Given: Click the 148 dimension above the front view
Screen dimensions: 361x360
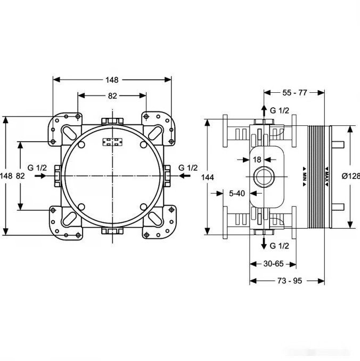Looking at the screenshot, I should click(112, 80).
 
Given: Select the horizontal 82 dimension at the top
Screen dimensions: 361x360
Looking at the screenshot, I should click(112, 96).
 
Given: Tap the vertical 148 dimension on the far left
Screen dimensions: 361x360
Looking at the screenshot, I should click(6, 175).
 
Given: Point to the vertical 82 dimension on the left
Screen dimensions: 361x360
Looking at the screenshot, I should click(21, 175).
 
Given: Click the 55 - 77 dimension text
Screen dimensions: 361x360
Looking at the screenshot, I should click(294, 93).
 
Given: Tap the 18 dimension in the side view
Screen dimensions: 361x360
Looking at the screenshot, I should click(257, 159).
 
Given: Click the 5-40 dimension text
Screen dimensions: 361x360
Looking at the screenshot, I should click(236, 193).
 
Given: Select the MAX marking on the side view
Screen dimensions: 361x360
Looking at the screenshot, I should click(326, 175).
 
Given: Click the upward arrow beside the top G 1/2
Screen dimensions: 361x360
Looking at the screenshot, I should click(263, 111).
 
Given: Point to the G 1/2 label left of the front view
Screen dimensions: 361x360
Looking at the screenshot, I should click(37, 167).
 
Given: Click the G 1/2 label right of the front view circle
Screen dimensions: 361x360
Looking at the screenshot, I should click(188, 167).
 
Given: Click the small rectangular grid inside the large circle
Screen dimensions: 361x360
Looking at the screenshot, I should click(112, 142).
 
